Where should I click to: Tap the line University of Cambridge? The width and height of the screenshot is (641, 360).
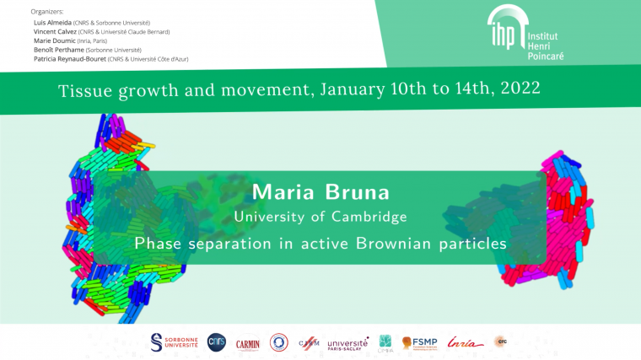[x=320, y=217]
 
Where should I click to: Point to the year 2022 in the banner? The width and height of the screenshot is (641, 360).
[x=511, y=87]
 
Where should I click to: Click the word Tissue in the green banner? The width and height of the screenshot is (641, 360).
[x=83, y=89]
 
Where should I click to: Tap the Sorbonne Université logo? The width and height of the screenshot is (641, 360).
[x=175, y=341]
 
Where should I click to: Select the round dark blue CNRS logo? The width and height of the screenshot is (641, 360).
[x=217, y=341]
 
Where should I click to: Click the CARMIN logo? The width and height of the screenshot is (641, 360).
[x=247, y=342]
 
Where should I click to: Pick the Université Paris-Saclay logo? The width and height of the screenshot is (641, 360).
[x=347, y=342]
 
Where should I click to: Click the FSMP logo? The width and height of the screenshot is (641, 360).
[x=418, y=342]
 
